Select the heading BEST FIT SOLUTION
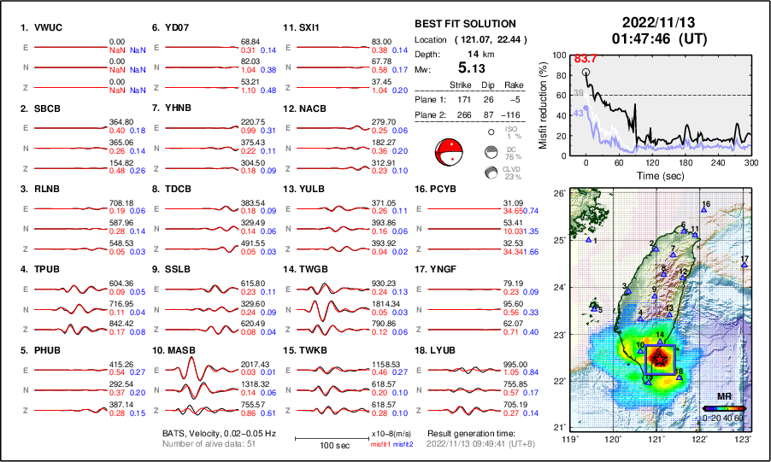pos(464,24)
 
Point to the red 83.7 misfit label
pos(586,59)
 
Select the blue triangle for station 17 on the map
pos(744,266)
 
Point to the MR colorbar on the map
pos(721,408)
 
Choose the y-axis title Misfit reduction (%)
pos(544,103)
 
